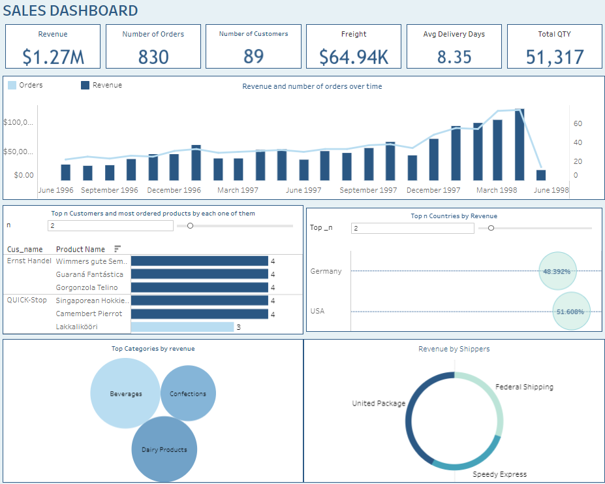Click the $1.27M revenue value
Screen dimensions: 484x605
(53, 57)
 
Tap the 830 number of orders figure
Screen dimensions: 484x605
(153, 57)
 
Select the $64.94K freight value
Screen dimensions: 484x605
(354, 57)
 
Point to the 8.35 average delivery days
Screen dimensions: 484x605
(454, 57)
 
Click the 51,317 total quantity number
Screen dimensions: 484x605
(555, 57)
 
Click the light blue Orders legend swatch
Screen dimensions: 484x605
(12, 85)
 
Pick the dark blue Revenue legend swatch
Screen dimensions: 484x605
(85, 85)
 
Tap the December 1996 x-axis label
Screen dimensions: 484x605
(174, 190)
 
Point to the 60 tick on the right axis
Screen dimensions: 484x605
(578, 123)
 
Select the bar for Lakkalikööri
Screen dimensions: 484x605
(182, 327)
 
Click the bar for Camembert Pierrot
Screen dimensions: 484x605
(200, 314)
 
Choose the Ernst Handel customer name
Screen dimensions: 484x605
(29, 261)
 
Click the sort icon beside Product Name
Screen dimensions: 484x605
(117, 249)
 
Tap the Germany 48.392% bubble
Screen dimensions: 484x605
(558, 271)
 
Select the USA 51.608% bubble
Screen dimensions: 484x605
(571, 312)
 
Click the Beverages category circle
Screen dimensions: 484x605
(125, 394)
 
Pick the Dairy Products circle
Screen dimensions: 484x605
(164, 449)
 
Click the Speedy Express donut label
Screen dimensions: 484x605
(499, 474)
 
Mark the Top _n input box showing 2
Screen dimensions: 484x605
(413, 228)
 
